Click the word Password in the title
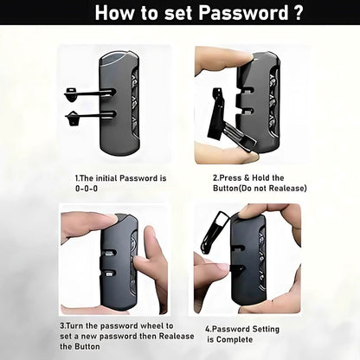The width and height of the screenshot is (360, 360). pos(243,12)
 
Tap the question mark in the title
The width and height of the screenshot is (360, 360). pos(298,12)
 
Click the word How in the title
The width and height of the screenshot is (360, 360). pos(116,12)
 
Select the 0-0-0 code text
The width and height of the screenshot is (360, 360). pos(87,189)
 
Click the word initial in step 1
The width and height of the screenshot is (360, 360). pos(106,178)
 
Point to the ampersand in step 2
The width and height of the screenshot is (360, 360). pos(247,177)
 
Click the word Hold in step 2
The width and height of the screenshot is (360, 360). pos(261,177)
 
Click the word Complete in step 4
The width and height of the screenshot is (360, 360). pos(235,339)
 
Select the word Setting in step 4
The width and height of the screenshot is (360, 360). pos(266,330)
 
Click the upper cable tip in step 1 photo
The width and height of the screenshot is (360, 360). pos(71,94)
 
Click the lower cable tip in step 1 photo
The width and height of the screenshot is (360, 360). pos(72,118)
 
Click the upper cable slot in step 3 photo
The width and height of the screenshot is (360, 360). pos(109,253)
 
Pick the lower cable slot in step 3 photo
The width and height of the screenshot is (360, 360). pos(109,273)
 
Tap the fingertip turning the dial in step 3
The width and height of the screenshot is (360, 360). pos(136,261)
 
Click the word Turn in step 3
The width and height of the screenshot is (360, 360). pos(75,326)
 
